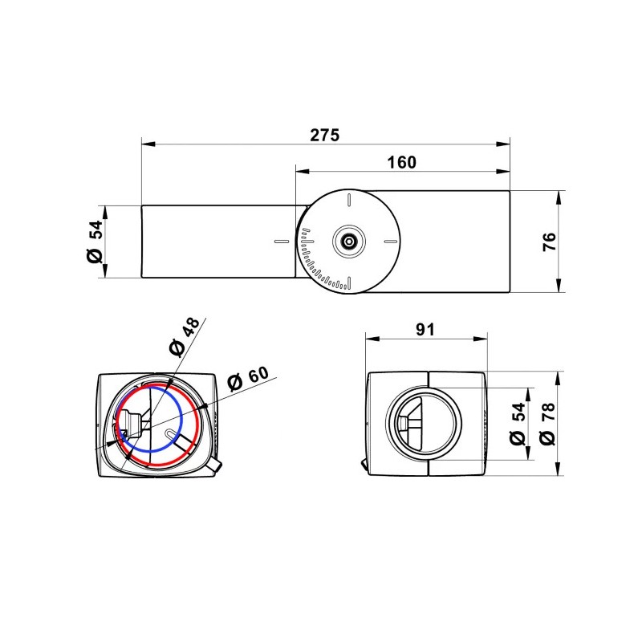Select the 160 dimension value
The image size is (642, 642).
(x=401, y=161)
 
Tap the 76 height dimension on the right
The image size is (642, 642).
(x=548, y=241)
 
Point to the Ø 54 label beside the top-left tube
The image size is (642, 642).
(x=95, y=242)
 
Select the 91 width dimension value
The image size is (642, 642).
(x=425, y=329)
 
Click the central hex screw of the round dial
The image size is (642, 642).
(x=349, y=241)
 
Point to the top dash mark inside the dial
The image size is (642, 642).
(x=349, y=199)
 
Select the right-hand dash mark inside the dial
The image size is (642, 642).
(x=390, y=241)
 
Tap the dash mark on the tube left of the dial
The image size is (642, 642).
(x=280, y=241)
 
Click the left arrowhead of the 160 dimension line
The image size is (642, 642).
(x=299, y=171)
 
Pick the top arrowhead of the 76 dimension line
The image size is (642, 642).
(x=559, y=194)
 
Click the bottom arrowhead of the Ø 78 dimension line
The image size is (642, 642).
(x=559, y=472)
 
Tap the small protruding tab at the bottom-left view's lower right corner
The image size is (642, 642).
(x=217, y=463)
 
